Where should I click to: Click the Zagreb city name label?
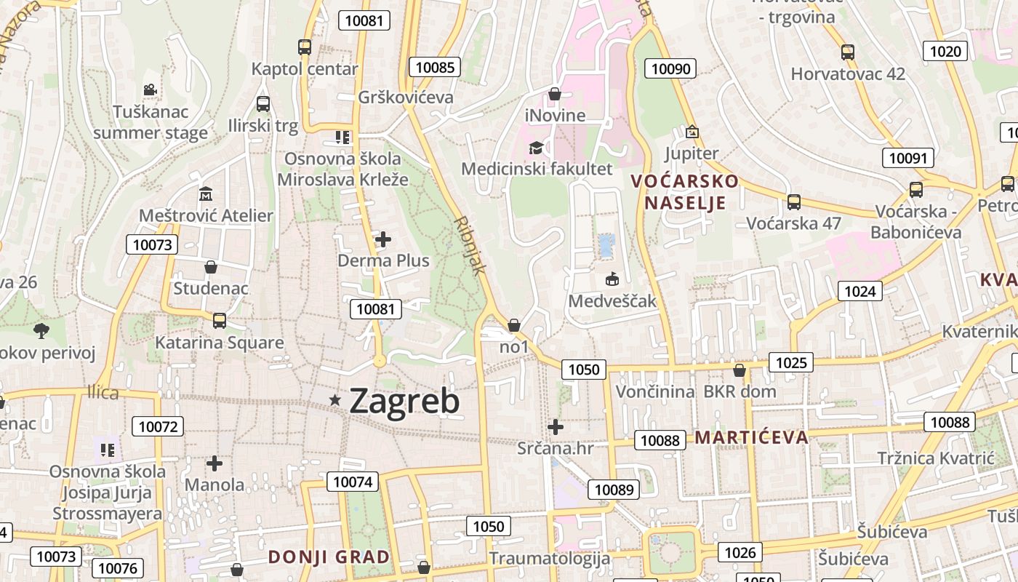pyautogui.click(x=404, y=401)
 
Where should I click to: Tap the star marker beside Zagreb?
pyautogui.click(x=335, y=399)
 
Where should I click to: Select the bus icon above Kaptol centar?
pyautogui.click(x=305, y=47)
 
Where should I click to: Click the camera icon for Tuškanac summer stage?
pyautogui.click(x=150, y=89)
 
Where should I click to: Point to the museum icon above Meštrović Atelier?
pyautogui.click(x=206, y=194)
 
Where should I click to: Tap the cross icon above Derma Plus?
pyautogui.click(x=383, y=239)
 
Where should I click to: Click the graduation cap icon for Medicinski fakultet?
pyautogui.click(x=537, y=148)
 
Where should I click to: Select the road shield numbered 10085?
pyautogui.click(x=435, y=68)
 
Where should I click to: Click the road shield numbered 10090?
pyautogui.click(x=670, y=69)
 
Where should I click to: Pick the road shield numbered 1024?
pyautogui.click(x=860, y=292)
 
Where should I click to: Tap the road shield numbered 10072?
pyautogui.click(x=158, y=426)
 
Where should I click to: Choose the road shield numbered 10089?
pyautogui.click(x=614, y=490)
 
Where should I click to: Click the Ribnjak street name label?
pyautogui.click(x=470, y=244)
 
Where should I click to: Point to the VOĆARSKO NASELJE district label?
pyautogui.click(x=684, y=191)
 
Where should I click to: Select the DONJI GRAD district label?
pyautogui.click(x=329, y=557)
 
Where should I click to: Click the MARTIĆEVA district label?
pyautogui.click(x=752, y=437)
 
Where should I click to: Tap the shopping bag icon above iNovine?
pyautogui.click(x=555, y=94)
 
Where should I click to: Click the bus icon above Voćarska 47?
pyautogui.click(x=794, y=202)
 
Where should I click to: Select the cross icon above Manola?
pyautogui.click(x=215, y=463)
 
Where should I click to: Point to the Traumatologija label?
pyautogui.click(x=549, y=559)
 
